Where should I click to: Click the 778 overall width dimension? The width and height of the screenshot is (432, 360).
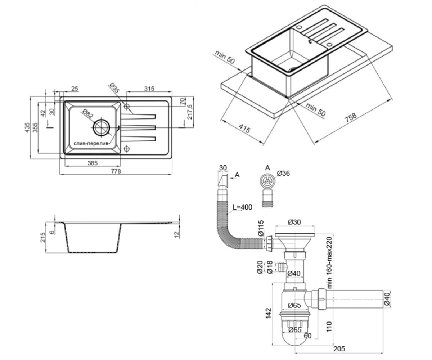coord(116,171)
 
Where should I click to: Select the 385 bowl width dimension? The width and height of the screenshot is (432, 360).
coord(93,163)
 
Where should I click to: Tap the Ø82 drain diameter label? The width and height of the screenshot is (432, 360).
coord(87,114)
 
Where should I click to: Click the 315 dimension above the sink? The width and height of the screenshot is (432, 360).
coord(149,89)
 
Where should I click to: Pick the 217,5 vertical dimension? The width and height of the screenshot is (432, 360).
coord(190,112)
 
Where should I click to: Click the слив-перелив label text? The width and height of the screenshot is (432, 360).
coord(91,144)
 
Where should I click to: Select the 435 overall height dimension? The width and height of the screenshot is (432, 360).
coord(27,128)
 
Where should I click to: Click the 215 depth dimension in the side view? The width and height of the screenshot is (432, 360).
coord(43,237)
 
